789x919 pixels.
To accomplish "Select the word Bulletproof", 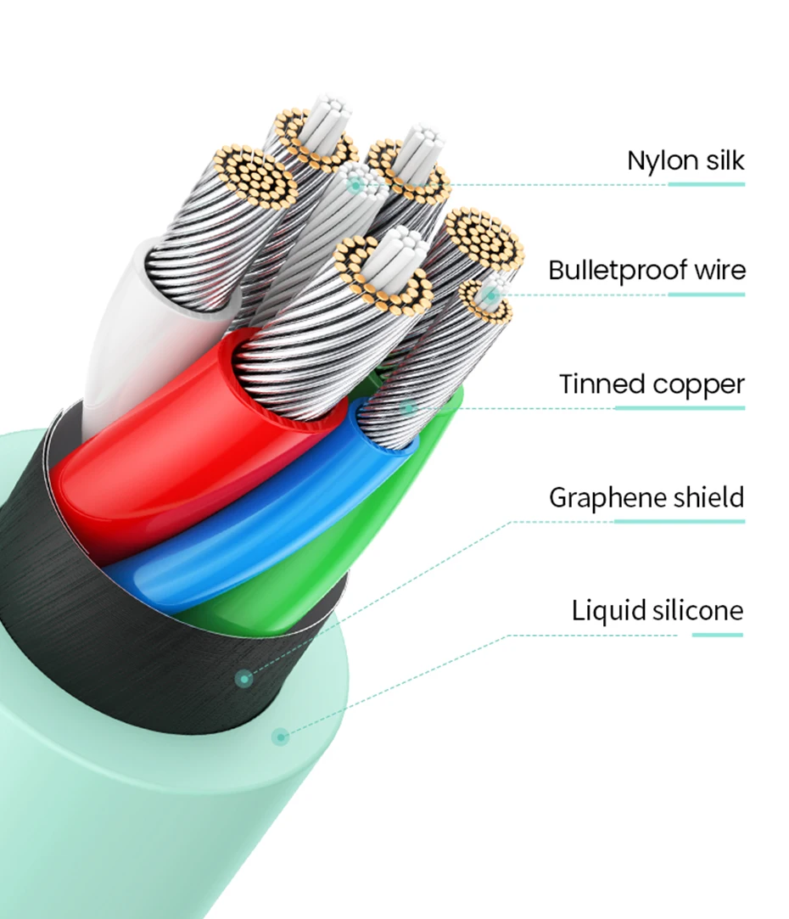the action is click(x=607, y=270).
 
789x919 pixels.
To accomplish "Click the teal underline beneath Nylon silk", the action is click(x=718, y=184).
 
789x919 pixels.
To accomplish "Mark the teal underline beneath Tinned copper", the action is click(x=679, y=408).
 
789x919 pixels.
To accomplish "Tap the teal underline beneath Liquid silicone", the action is click(x=717, y=635).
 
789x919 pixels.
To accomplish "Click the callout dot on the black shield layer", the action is click(x=244, y=677).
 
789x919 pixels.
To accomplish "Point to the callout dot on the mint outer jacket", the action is click(x=281, y=736).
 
